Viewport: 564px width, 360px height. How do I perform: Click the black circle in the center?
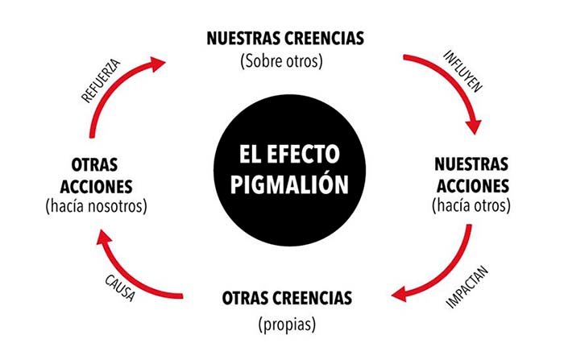[289, 170]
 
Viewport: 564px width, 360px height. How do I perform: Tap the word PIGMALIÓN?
[289, 184]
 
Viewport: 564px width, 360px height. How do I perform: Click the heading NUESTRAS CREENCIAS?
[285, 39]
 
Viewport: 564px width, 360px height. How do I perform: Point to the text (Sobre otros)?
[282, 61]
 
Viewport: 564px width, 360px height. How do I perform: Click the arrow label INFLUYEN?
[463, 71]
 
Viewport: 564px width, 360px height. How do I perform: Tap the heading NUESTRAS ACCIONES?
[472, 175]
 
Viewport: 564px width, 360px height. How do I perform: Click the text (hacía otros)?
[471, 205]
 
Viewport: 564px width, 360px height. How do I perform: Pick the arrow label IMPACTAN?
[467, 287]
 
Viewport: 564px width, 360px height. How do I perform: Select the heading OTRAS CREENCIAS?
[287, 298]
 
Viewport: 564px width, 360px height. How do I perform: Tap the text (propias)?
[287, 325]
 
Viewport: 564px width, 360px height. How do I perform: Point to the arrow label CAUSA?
[120, 288]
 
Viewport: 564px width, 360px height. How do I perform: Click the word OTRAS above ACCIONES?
[94, 165]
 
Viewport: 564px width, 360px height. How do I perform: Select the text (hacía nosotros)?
[97, 206]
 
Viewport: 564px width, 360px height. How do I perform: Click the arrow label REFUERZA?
[101, 81]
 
